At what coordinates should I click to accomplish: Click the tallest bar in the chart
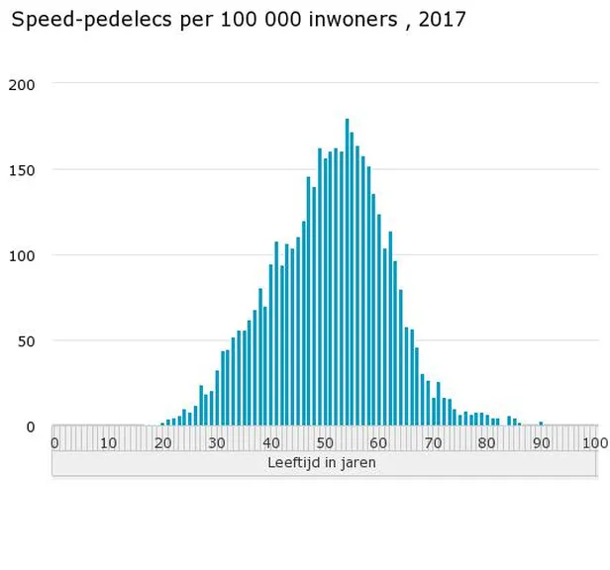(x=347, y=272)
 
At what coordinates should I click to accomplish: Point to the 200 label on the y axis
(x=23, y=84)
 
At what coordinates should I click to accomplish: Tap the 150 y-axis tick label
(x=23, y=169)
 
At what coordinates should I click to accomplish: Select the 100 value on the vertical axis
(x=23, y=255)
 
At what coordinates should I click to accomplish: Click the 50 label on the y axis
(x=27, y=341)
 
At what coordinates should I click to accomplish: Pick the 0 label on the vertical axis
(x=31, y=427)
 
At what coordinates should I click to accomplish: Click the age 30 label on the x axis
(x=217, y=442)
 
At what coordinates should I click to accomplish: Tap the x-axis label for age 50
(x=326, y=442)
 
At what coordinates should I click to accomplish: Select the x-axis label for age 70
(x=434, y=442)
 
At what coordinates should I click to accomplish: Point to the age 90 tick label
(x=541, y=442)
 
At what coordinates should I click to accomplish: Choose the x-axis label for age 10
(x=109, y=442)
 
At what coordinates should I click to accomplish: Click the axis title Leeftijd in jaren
(x=322, y=462)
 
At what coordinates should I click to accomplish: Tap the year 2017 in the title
(x=441, y=20)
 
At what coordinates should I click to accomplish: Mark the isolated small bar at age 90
(x=541, y=424)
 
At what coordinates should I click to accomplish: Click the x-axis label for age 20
(x=162, y=442)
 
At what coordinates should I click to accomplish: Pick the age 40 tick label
(x=271, y=442)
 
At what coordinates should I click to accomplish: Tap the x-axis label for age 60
(x=379, y=442)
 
